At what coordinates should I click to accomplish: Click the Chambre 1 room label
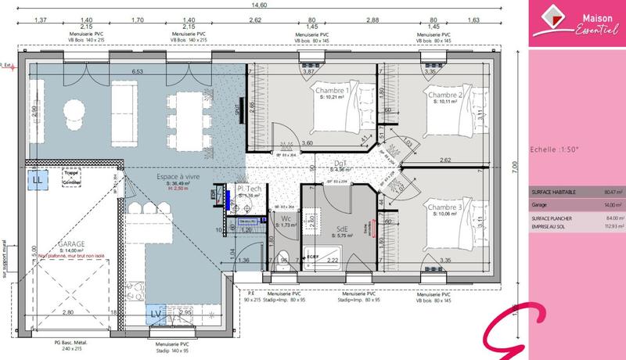tap(333, 92)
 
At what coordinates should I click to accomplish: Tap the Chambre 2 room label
tap(444, 95)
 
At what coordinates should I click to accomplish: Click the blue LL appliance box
tap(37, 180)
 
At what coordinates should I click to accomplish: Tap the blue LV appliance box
tap(155, 315)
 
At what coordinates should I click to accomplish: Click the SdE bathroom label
tap(342, 229)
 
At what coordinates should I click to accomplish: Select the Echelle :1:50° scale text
tap(554, 149)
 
